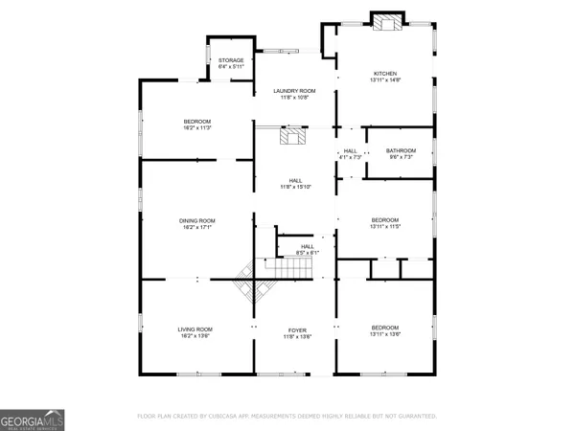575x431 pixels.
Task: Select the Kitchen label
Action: coord(384,74)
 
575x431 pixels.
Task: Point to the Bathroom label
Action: coord(401,150)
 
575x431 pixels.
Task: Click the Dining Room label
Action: coord(196,221)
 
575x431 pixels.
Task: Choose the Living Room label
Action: coord(195,330)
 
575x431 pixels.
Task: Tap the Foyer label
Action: coord(294,330)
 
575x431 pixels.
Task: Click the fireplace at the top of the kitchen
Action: coord(386,23)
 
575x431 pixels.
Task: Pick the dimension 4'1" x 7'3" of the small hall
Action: coord(351,158)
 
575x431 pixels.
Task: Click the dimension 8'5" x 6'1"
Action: coord(308,252)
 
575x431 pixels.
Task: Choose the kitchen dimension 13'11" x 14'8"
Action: coord(384,81)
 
